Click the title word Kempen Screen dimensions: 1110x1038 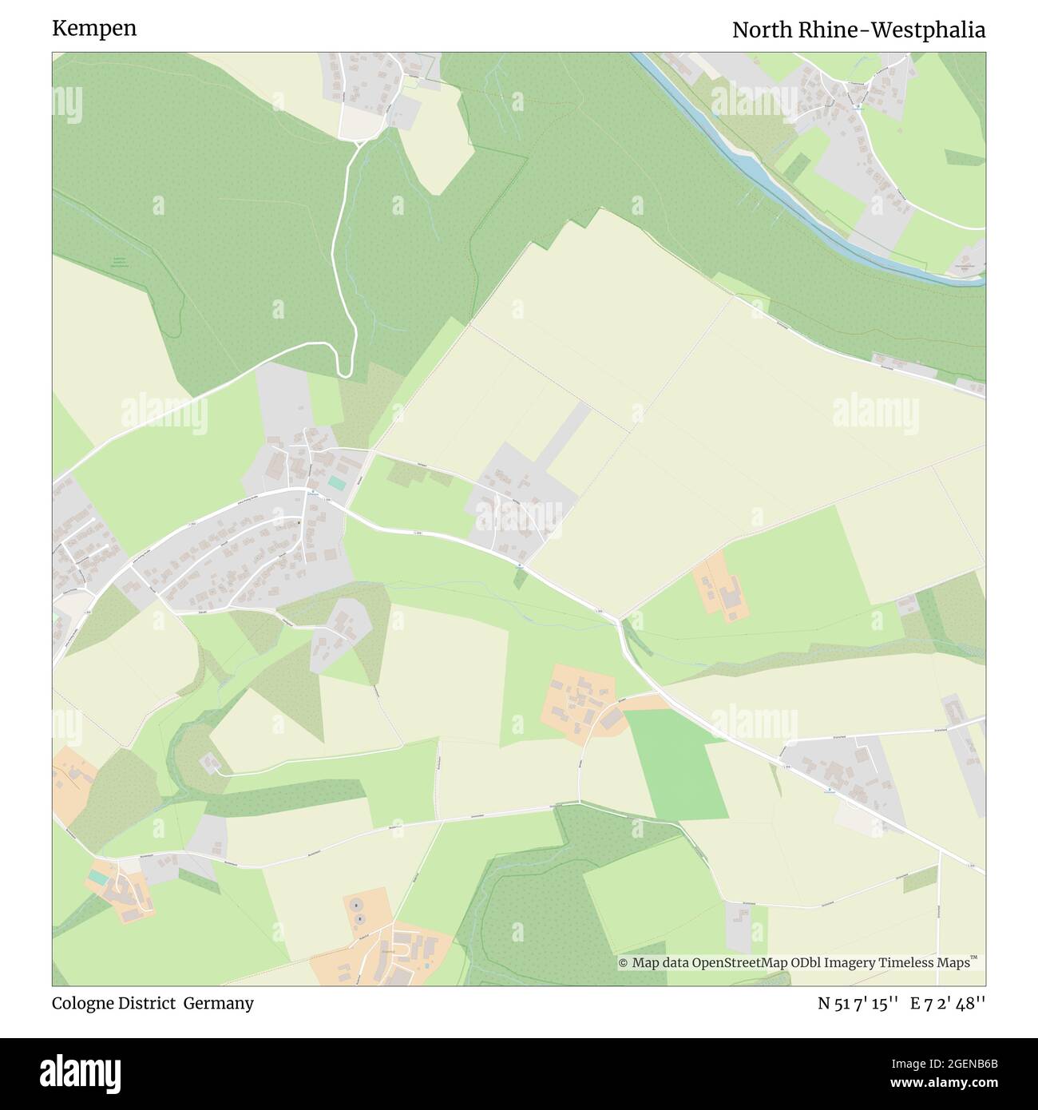94,29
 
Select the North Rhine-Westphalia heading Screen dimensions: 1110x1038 858,30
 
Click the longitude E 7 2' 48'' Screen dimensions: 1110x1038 948,1004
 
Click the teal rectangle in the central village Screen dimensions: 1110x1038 336,484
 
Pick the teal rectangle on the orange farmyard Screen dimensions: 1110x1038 98,877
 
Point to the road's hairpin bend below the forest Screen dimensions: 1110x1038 344,368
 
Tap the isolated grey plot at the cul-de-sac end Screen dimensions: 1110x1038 211,763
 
